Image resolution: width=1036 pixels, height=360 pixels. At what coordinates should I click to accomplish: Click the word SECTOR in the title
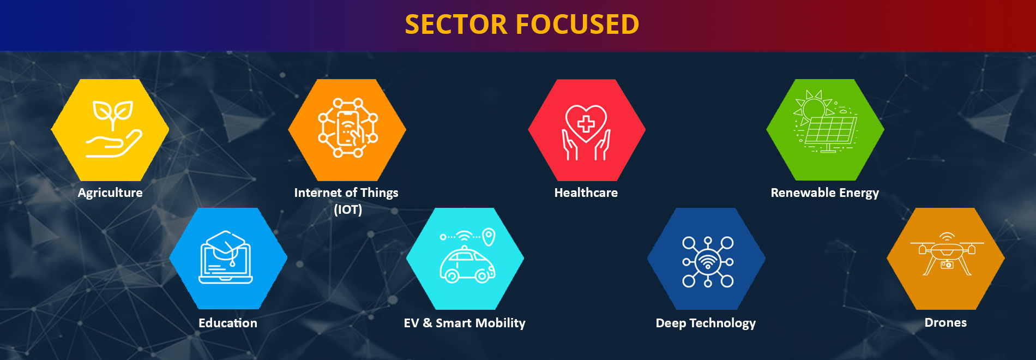coord(456,25)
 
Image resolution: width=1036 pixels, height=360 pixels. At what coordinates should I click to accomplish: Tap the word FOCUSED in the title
coord(577,25)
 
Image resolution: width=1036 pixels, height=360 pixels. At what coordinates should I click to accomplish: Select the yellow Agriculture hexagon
coord(110,130)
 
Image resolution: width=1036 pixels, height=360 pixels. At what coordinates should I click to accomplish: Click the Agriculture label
coord(110,193)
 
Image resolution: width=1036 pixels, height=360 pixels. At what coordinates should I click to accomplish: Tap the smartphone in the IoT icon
coord(347,128)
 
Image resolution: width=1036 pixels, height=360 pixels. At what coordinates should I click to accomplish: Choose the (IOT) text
coord(348,209)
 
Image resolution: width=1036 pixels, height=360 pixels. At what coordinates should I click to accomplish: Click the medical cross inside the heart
coord(586,125)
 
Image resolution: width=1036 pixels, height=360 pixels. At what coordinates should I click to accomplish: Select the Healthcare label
coord(586,193)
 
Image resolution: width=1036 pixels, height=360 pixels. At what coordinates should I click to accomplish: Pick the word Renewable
coord(803,193)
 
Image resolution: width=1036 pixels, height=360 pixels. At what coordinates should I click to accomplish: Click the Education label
coord(228,323)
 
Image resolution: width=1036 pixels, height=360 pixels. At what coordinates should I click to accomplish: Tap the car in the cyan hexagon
coord(467,266)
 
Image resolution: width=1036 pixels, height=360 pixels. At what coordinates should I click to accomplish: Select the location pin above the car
coord(489,236)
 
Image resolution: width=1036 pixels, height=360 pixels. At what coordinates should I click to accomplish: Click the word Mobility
coord(501,323)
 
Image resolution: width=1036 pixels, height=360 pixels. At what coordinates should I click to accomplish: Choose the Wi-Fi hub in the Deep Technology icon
coord(708,262)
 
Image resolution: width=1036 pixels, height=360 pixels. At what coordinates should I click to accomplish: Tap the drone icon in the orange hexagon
coord(947,254)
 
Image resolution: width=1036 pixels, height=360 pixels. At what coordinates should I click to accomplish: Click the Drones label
coord(945,322)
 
